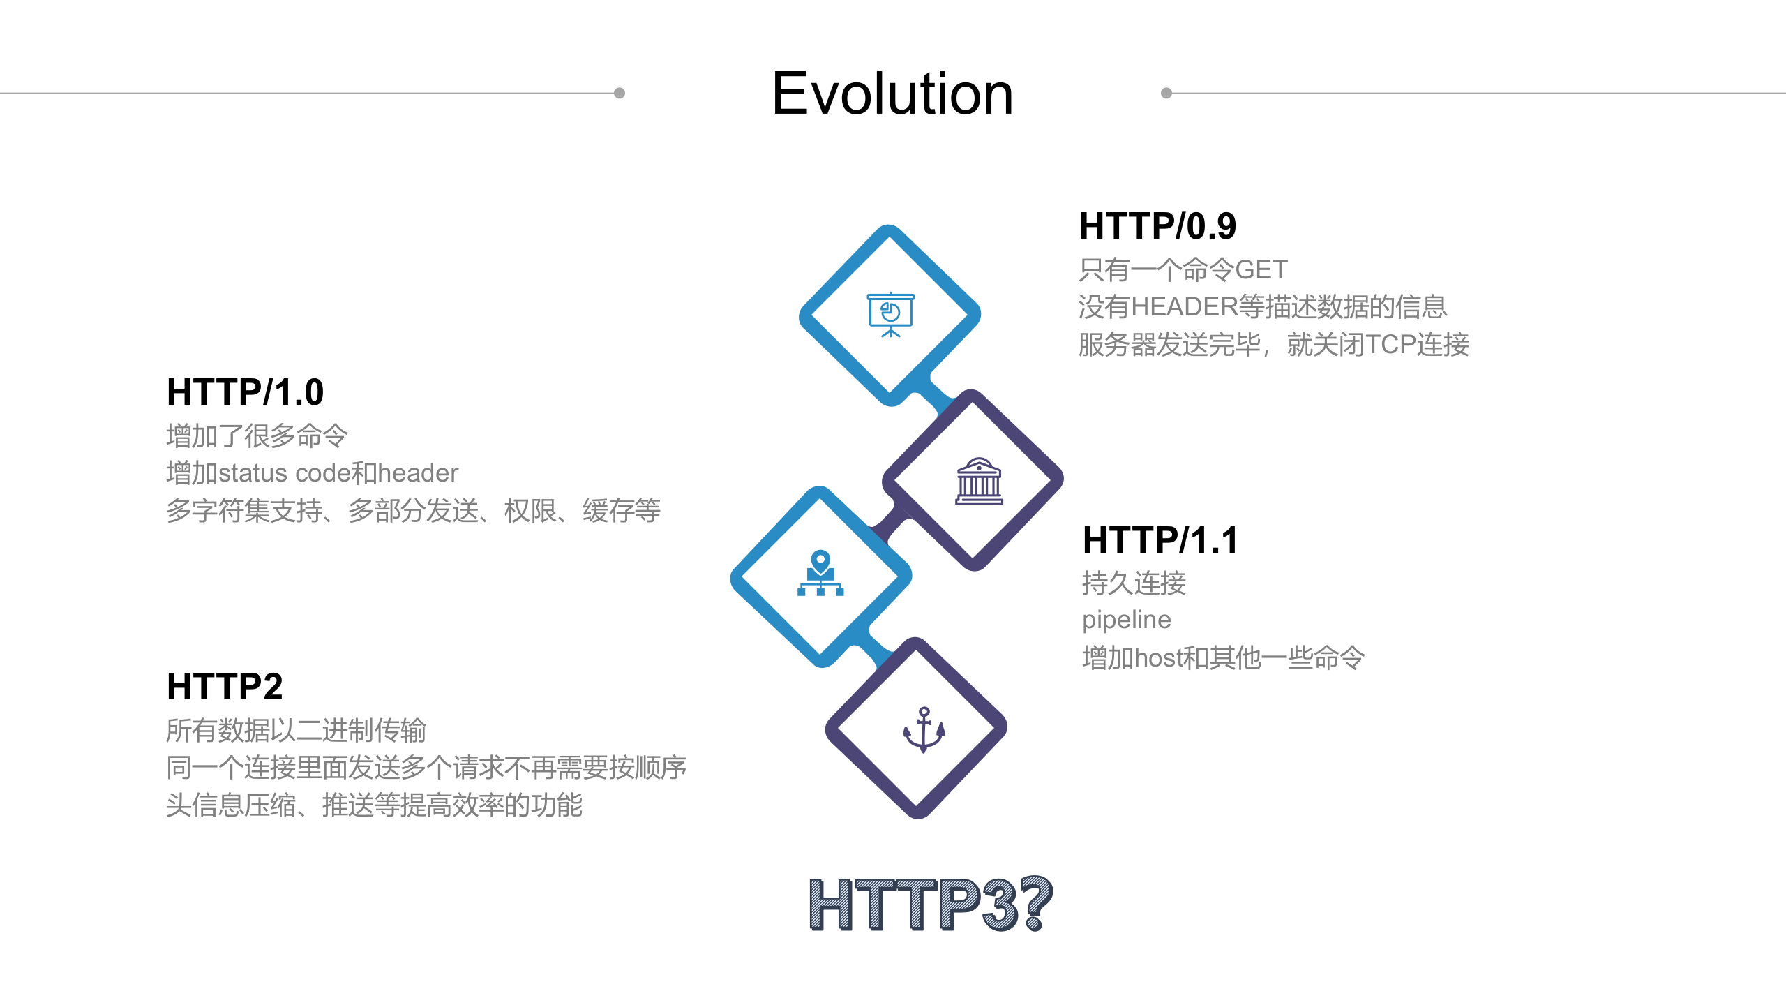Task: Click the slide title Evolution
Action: coord(892,94)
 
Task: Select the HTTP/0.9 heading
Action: coord(1157,226)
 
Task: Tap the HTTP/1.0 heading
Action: coord(245,392)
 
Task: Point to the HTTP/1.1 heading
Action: coord(1160,540)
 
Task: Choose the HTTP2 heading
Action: coord(225,687)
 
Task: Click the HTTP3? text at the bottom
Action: coord(930,904)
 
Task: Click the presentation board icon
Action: coord(890,315)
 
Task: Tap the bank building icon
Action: coord(979,481)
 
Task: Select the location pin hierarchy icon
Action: coord(820,573)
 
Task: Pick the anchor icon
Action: coord(924,729)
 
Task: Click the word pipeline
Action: coord(1126,620)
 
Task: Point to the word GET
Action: coord(1261,269)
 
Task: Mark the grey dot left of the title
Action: coord(619,93)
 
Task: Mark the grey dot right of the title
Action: coord(1166,93)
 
